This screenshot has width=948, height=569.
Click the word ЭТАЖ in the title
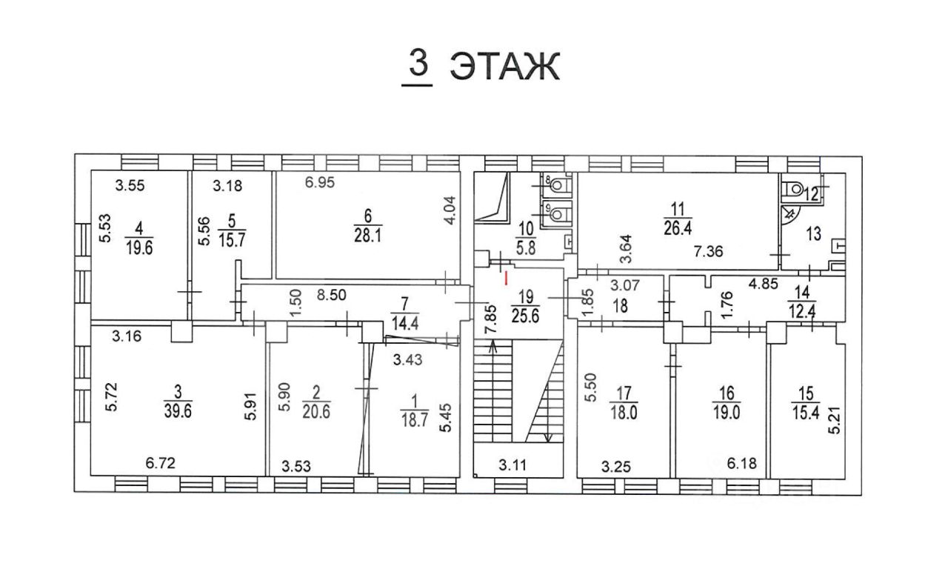click(504, 67)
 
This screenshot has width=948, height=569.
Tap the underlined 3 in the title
click(418, 64)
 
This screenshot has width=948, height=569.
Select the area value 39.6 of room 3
click(178, 412)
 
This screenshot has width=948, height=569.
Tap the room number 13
click(814, 235)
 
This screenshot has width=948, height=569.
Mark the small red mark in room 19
click(505, 279)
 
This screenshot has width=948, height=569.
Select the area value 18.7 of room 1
click(409, 418)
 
